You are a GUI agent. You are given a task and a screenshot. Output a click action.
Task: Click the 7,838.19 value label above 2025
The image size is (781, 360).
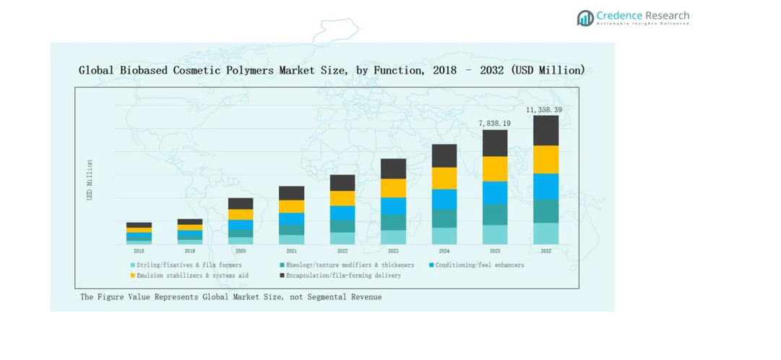[495, 124]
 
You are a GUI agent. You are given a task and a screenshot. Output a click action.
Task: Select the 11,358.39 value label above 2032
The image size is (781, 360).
[544, 110]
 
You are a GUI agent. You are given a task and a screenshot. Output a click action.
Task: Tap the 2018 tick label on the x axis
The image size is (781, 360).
[139, 251]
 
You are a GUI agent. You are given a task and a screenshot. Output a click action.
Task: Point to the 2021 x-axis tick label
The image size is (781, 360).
[291, 251]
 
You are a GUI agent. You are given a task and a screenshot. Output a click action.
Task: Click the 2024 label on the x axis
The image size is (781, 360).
[444, 251]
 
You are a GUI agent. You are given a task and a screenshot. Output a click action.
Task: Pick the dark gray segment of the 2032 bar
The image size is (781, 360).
[545, 130]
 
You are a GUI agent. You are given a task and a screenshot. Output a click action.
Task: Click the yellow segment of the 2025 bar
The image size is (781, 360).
[495, 168]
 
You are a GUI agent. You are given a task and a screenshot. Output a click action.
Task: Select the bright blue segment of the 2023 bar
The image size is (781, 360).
[393, 206]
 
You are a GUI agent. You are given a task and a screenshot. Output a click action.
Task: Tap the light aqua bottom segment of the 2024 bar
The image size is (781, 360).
[444, 236]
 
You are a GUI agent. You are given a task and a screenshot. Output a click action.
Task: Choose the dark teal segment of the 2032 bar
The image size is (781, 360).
[545, 211]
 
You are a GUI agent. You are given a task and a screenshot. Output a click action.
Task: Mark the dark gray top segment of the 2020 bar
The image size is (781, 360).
[241, 203]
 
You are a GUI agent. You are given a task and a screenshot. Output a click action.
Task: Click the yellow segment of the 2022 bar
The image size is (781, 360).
[342, 198]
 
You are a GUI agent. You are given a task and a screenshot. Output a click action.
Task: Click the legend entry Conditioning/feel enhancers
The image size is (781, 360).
[479, 265]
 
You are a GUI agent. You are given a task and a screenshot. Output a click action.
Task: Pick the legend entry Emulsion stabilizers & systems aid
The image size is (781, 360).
[192, 275]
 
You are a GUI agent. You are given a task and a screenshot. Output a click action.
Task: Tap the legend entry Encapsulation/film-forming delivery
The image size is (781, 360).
[342, 275]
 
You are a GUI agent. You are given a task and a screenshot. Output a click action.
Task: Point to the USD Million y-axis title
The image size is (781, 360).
[90, 180]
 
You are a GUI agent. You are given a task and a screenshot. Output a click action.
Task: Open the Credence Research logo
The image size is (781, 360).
[633, 18]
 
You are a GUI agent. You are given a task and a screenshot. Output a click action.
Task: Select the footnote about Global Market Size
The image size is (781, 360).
[230, 297]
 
